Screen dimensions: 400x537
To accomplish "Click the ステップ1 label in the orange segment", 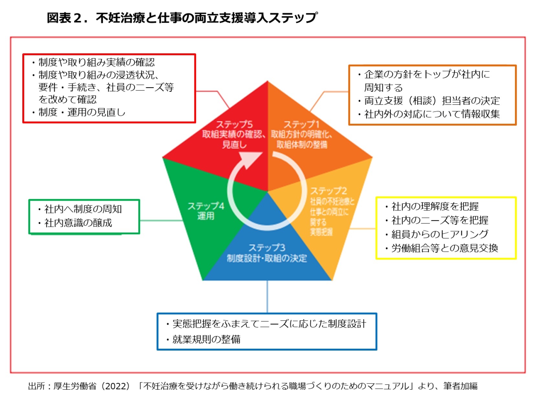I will tap(301, 124).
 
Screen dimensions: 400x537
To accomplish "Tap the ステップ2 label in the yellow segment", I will tap(328, 191).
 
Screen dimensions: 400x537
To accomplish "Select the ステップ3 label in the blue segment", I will tap(267, 248).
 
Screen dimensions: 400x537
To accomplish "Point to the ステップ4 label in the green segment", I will tap(206, 206).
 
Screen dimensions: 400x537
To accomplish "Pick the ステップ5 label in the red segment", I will tap(234, 124).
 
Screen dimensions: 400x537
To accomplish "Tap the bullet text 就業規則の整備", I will tap(206, 339).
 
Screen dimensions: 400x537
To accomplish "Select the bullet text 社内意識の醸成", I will tap(78, 223).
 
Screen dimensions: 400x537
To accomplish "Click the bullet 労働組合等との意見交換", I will tap(444, 248).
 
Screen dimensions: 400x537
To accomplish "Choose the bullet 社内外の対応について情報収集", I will tap(432, 114).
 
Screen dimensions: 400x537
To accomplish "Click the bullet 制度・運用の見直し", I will tap(82, 112).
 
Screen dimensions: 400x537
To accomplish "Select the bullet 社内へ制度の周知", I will tap(83, 209).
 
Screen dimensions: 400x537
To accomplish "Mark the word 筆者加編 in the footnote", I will tap(460, 386).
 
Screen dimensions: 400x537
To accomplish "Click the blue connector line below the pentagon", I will tap(267, 296).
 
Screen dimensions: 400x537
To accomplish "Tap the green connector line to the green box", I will tap(161, 221).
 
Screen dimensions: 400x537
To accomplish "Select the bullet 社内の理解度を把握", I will tap(435, 206).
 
